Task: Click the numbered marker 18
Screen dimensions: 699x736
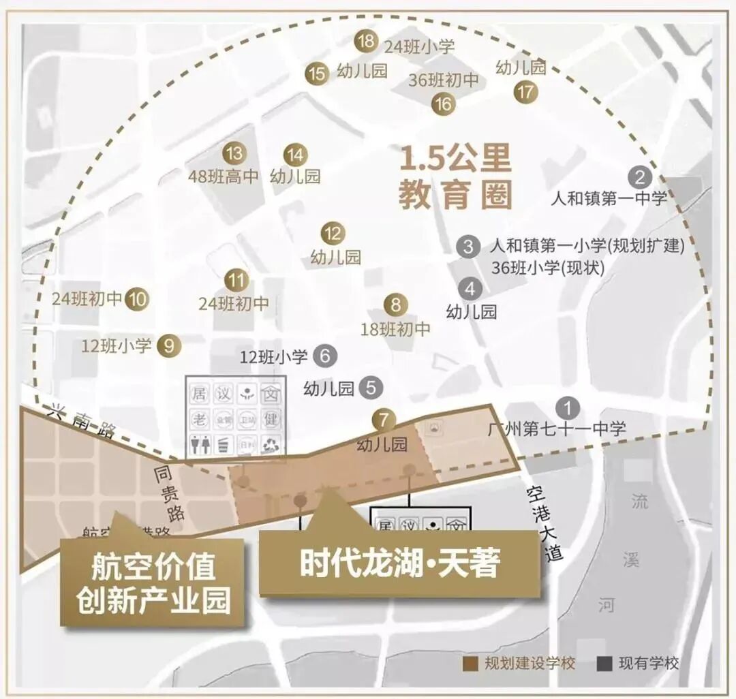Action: click(366, 41)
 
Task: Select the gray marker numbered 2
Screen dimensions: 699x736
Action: click(640, 178)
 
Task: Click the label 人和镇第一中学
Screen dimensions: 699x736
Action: click(608, 199)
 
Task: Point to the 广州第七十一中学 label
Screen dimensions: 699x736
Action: click(557, 429)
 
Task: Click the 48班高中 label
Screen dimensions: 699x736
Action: click(224, 176)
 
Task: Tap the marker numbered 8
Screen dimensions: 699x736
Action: click(396, 305)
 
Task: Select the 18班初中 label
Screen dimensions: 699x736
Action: click(396, 329)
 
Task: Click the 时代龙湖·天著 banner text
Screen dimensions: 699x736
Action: click(400, 563)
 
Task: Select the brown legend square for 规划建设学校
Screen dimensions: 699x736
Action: click(470, 663)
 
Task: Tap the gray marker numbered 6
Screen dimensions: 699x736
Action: click(325, 355)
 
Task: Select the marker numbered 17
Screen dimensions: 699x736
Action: click(525, 92)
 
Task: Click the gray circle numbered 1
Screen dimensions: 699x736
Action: click(567, 408)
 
